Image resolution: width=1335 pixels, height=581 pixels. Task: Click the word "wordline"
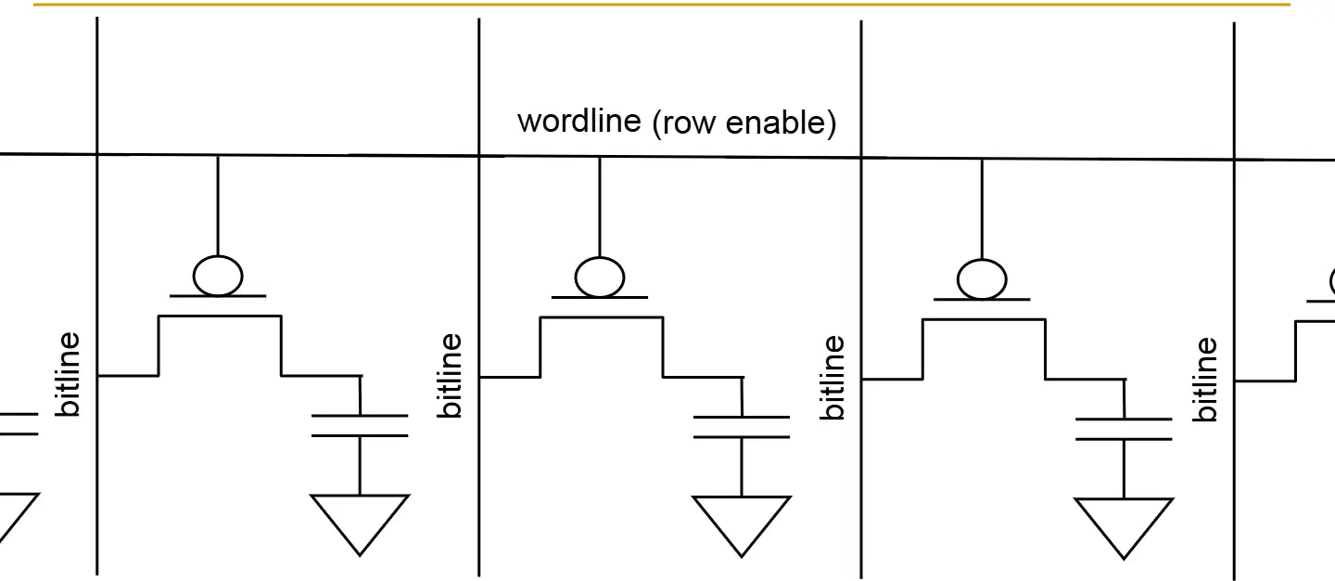(579, 121)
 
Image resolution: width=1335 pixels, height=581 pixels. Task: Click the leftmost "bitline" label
(68, 374)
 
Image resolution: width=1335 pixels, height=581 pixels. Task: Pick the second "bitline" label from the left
(450, 376)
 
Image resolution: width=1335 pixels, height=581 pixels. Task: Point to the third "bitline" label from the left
(833, 378)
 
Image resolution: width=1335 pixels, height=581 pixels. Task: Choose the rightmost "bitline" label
(1204, 380)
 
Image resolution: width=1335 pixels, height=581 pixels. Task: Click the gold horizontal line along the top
(662, 4)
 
